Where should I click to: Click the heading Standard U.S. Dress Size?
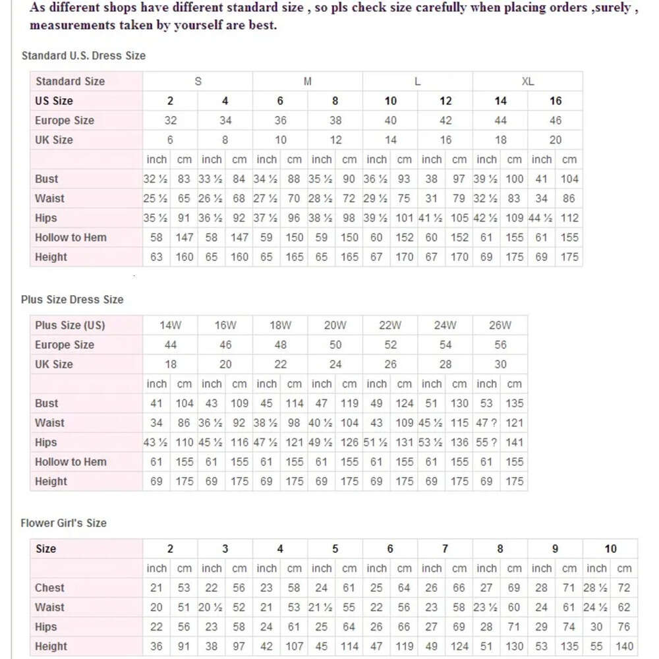pos(84,56)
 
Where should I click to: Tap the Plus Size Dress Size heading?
pos(72,299)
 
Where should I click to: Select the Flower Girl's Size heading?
pos(64,523)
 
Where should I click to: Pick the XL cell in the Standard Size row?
pos(528,82)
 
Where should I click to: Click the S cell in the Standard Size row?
pos(198,82)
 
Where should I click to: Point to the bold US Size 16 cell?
pos(556,101)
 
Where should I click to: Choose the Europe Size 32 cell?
pos(171,121)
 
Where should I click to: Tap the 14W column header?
pos(171,325)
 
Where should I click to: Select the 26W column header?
pos(500,325)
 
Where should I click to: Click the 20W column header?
pos(335,325)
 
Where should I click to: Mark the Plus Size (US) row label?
pos(70,325)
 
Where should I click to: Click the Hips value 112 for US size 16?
pos(569,218)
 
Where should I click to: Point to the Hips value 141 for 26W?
pos(514,442)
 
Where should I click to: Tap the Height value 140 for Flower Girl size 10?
pos(624,646)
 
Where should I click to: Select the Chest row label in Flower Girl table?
pos(49,588)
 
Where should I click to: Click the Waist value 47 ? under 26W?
pos(486,422)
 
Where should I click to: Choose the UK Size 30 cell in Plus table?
pos(501,364)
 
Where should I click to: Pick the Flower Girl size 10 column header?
pos(611,549)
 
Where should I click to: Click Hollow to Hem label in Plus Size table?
pos(71,462)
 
